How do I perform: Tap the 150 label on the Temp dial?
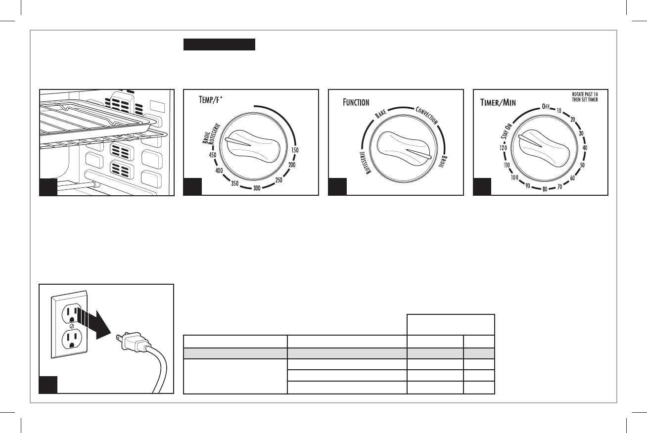295,150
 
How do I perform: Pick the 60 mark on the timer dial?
572,177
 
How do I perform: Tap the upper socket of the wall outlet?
71,313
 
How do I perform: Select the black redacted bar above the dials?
219,45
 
